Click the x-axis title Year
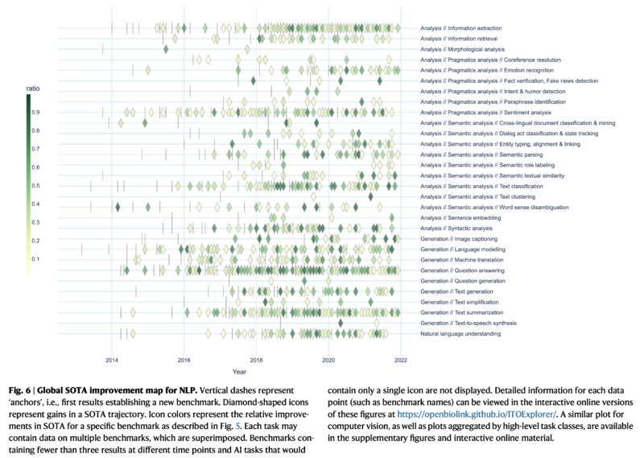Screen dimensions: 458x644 (x=240, y=371)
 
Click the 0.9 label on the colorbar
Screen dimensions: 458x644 (x=35, y=112)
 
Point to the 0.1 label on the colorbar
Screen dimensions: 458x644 (x=35, y=259)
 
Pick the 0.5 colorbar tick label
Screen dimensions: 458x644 (x=35, y=186)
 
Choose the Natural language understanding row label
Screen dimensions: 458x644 (x=461, y=333)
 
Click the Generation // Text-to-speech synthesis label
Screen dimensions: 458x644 (x=469, y=323)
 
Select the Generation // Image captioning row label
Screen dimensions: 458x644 (x=459, y=238)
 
